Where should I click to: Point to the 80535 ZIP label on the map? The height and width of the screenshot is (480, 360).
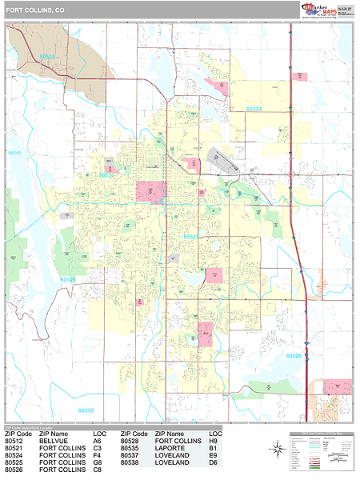(47, 57)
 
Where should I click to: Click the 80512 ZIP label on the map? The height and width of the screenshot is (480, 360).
(14, 153)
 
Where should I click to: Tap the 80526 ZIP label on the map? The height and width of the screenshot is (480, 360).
(69, 279)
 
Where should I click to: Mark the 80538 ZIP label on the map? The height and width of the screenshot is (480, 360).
(86, 410)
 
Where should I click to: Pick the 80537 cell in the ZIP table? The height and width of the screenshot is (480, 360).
(131, 455)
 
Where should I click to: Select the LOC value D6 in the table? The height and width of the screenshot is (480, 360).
(213, 462)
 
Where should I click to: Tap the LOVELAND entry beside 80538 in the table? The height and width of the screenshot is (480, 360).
(172, 462)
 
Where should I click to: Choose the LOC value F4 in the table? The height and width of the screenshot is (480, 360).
(97, 455)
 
